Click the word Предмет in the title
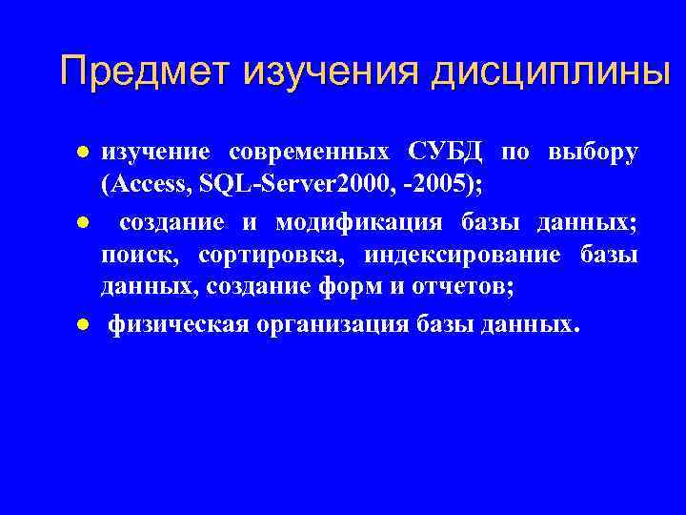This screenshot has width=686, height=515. coord(146,72)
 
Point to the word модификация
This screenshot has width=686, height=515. coord(359,222)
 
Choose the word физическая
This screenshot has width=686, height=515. coord(178,325)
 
